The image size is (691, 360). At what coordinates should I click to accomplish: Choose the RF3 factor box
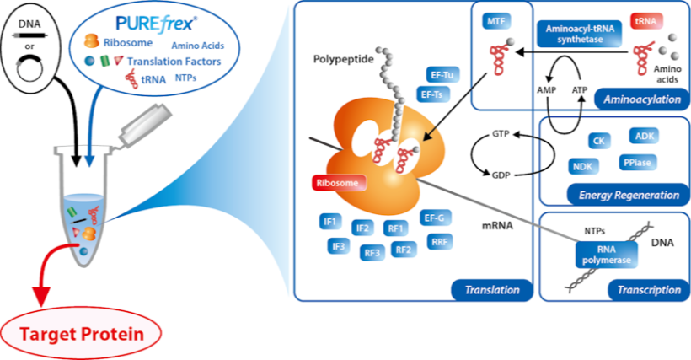tap(372, 250)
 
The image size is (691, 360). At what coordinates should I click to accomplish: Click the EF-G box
tap(437, 218)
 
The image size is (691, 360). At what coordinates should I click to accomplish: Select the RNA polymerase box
tap(603, 255)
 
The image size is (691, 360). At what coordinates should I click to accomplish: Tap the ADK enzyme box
tap(647, 135)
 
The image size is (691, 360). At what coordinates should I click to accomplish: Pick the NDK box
tap(585, 165)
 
